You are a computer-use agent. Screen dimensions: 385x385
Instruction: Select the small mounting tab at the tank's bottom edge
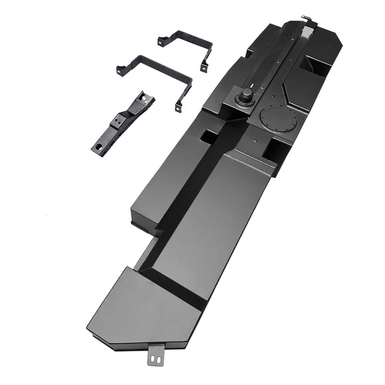[x=156, y=357]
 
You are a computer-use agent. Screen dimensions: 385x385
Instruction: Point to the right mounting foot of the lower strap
[x=178, y=106]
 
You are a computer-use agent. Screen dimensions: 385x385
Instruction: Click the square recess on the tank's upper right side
[x=315, y=64]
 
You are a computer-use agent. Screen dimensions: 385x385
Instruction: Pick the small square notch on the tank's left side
[x=208, y=137]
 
